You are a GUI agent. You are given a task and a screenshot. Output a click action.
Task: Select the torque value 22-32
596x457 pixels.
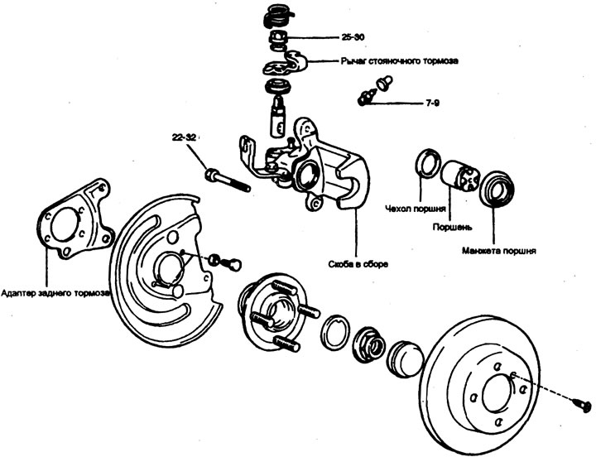coord(185,138)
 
